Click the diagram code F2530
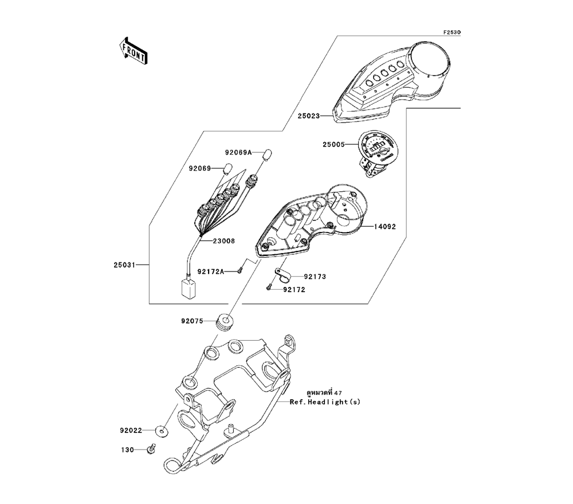pos(452,33)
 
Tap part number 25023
pos(309,116)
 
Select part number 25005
pos(334,145)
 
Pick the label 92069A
pos(238,153)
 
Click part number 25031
pos(125,265)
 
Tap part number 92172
pos(293,290)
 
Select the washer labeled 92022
pos(163,430)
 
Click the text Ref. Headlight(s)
pos(324,403)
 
